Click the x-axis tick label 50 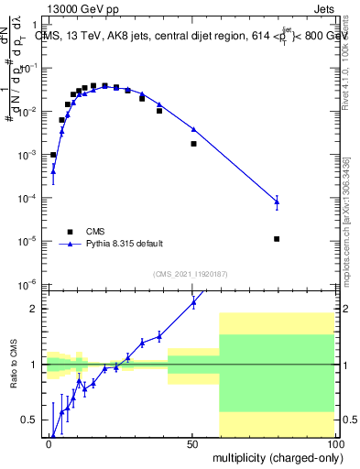tap(191, 442)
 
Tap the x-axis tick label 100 tap(333, 442)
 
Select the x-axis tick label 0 tap(49, 442)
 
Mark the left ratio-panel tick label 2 tap(34, 309)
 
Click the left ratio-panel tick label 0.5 tap(30, 420)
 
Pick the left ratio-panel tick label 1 tap(34, 365)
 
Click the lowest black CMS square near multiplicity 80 tap(277, 239)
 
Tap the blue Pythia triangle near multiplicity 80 tap(277, 202)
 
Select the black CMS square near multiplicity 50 tap(193, 144)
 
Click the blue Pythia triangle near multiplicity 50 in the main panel tap(193, 129)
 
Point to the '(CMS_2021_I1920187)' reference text tap(190, 274)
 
